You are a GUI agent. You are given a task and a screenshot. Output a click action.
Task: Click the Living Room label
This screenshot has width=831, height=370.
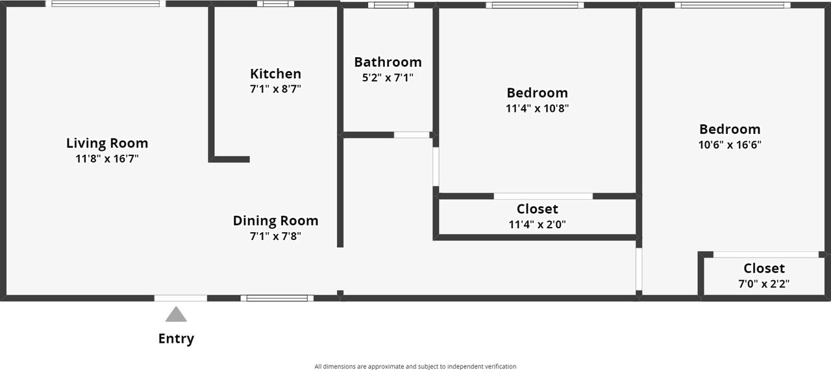tap(107, 143)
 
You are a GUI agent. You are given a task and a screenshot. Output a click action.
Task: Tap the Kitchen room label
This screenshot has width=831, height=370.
tap(275, 73)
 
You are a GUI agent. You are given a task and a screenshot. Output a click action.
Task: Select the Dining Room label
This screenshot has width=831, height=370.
tap(275, 220)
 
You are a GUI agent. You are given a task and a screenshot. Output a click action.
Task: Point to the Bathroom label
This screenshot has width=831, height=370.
tap(388, 62)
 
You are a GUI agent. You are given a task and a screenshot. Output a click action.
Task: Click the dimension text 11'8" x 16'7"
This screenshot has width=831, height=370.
tap(107, 159)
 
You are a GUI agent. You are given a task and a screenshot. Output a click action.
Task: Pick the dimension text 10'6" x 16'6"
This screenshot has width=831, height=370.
tap(730, 144)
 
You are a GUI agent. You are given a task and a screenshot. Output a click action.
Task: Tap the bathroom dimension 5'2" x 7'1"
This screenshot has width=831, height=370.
tap(388, 77)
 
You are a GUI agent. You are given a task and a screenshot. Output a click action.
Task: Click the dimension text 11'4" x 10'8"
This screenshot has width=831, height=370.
tap(537, 109)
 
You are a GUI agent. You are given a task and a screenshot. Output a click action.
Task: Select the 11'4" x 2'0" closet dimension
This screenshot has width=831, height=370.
tap(537, 224)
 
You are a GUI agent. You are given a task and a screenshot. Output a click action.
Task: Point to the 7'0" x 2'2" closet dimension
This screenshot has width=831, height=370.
tap(763, 284)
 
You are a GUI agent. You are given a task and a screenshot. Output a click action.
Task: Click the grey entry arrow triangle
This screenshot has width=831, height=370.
tap(176, 315)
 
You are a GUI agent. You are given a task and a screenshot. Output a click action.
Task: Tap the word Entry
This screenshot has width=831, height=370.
tap(176, 339)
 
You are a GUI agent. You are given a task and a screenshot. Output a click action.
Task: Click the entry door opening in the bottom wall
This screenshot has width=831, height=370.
tap(180, 298)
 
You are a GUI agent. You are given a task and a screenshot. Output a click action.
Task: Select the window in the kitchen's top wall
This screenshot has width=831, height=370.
tap(275, 4)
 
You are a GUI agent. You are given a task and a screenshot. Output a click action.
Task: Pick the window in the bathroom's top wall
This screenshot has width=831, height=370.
tap(391, 5)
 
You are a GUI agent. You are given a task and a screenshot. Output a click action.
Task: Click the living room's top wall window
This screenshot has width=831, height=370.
tap(105, 4)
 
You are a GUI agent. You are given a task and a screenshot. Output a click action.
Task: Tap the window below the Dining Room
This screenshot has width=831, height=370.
tap(277, 298)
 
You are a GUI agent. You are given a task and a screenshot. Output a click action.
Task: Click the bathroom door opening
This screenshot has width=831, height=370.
tap(412, 135)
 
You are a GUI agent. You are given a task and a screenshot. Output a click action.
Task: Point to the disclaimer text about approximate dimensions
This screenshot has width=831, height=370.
tap(415, 366)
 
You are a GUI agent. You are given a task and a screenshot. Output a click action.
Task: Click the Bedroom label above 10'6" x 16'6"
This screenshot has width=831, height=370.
tap(730, 129)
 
